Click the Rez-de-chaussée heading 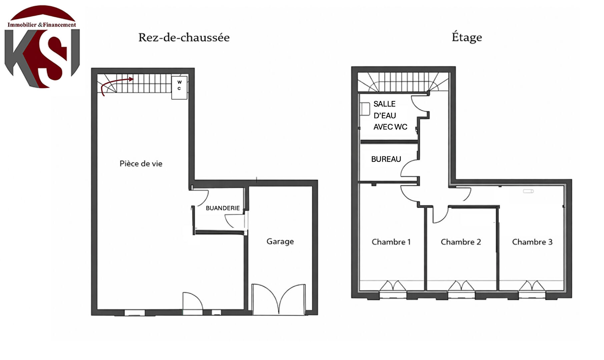184,37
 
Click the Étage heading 467,37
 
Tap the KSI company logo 42,47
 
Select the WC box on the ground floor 179,87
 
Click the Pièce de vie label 141,163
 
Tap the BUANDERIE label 222,208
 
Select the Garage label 280,241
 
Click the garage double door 278,299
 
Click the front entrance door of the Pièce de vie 192,303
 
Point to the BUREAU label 386,159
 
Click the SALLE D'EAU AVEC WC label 390,115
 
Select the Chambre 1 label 391,242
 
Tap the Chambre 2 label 461,242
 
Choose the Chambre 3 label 532,242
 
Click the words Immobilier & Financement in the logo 42,25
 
